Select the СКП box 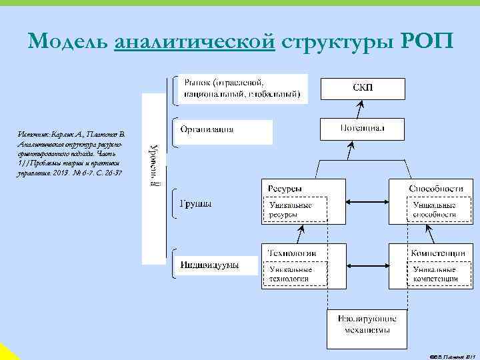[362, 87]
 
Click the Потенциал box [362, 128]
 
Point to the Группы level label [196, 203]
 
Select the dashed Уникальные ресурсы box [297, 209]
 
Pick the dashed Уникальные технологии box [297, 273]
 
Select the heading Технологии [291, 253]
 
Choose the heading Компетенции [437, 253]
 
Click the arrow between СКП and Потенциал [362, 108]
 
